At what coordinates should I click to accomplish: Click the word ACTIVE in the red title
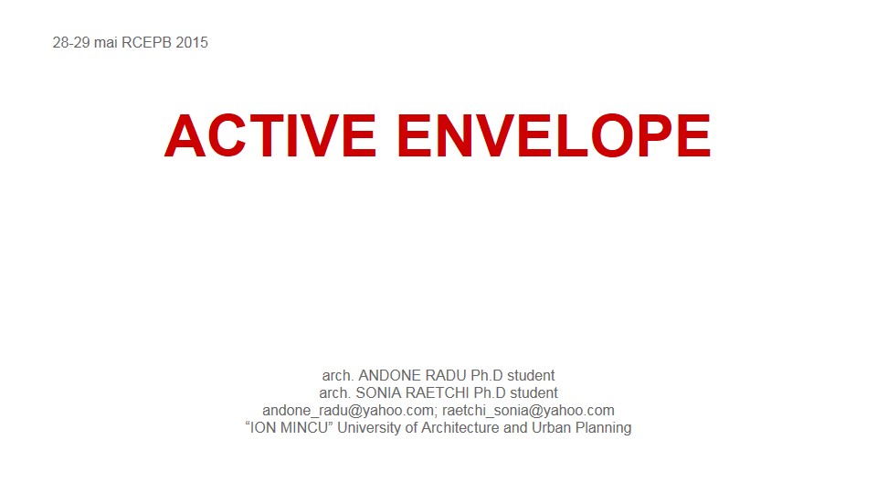(x=270, y=135)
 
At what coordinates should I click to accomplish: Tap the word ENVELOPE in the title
(x=554, y=135)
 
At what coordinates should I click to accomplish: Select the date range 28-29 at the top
(x=71, y=43)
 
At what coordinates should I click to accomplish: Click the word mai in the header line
(x=106, y=43)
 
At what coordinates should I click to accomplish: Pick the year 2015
(x=192, y=43)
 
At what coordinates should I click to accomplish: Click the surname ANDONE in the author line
(x=390, y=375)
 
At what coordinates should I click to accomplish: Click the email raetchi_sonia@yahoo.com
(x=529, y=411)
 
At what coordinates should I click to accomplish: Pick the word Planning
(x=604, y=428)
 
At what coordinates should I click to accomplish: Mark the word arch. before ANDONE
(x=338, y=375)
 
